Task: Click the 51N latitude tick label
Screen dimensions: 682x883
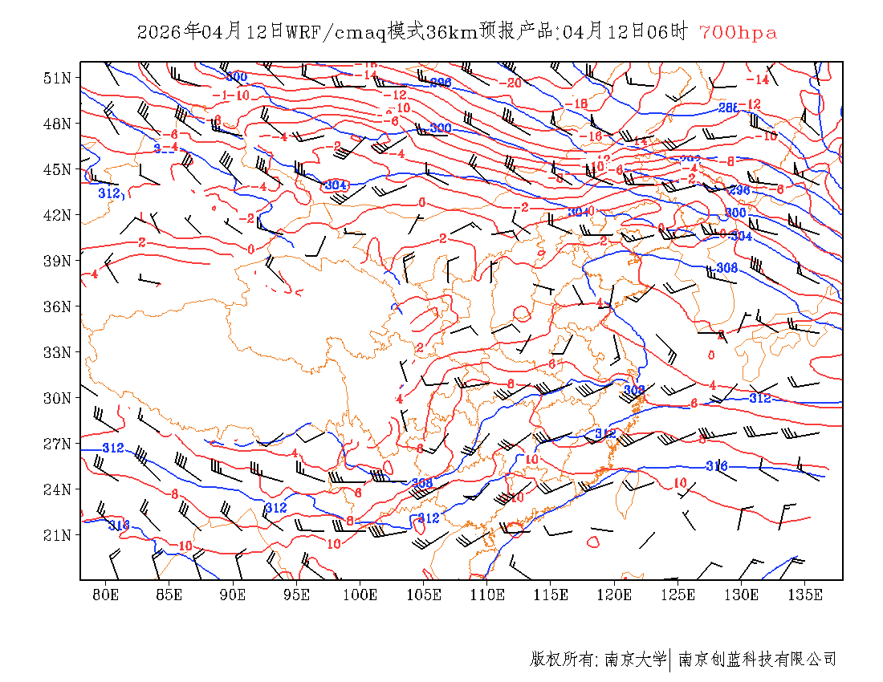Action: pos(58,78)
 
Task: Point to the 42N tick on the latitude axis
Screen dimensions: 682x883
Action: pos(58,215)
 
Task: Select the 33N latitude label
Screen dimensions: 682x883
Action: pos(58,352)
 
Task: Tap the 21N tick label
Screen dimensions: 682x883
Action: pos(58,535)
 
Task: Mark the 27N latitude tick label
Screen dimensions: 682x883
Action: pos(58,444)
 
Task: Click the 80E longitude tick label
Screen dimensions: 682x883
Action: pos(106,595)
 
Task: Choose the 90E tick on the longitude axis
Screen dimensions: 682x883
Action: pos(233,595)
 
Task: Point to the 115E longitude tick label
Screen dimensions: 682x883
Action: pos(551,595)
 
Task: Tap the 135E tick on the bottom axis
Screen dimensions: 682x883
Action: pos(805,595)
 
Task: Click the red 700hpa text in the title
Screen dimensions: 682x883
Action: pos(738,33)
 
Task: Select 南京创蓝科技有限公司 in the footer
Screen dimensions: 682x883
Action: pos(757,660)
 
